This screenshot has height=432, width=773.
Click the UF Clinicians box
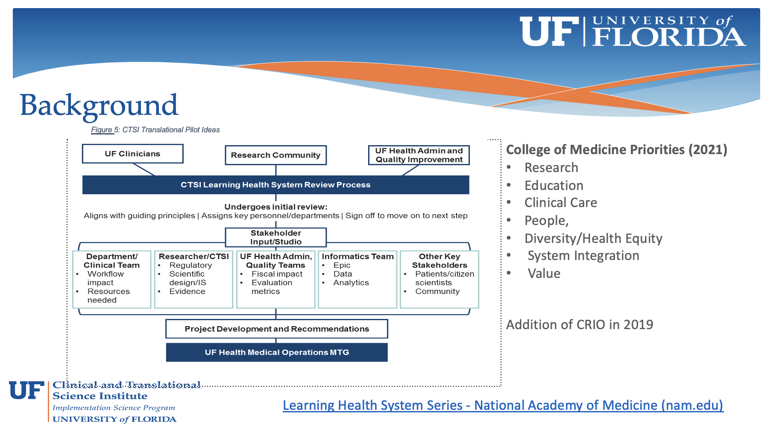click(132, 154)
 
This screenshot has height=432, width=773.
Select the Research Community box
click(275, 155)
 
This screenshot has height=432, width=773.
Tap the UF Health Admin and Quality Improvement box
click(419, 155)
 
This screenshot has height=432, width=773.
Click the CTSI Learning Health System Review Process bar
click(275, 185)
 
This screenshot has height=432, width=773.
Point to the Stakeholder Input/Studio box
click(275, 237)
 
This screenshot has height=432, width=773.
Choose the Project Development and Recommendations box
click(276, 329)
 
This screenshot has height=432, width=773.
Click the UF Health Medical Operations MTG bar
click(276, 353)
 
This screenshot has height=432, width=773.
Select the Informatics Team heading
click(357, 257)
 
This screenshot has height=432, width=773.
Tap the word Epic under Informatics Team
click(342, 266)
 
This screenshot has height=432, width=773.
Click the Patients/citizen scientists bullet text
click(444, 278)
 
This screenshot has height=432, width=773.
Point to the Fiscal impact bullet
click(277, 274)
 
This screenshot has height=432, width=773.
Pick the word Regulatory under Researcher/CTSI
click(190, 266)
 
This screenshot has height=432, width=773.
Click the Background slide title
click(99, 105)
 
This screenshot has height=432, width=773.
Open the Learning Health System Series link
click(503, 405)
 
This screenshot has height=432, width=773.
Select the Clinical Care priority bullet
click(560, 203)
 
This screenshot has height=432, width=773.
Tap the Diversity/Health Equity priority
click(593, 238)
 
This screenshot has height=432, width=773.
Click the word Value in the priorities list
click(544, 274)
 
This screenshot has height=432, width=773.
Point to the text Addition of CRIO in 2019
click(579, 325)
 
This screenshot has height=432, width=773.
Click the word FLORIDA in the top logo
click(669, 38)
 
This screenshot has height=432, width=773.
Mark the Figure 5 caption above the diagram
click(155, 130)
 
